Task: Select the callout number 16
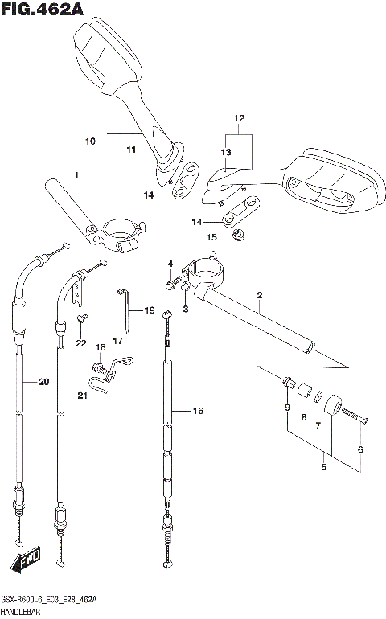click(x=199, y=411)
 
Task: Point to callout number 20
click(x=43, y=381)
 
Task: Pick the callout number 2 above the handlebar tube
click(x=260, y=295)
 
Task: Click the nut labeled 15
click(x=238, y=236)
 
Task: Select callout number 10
click(x=90, y=141)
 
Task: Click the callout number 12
click(x=238, y=118)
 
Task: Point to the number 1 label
click(x=76, y=174)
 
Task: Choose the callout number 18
click(x=101, y=347)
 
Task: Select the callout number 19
click(x=149, y=310)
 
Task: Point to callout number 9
click(x=286, y=408)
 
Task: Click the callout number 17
click(x=117, y=341)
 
